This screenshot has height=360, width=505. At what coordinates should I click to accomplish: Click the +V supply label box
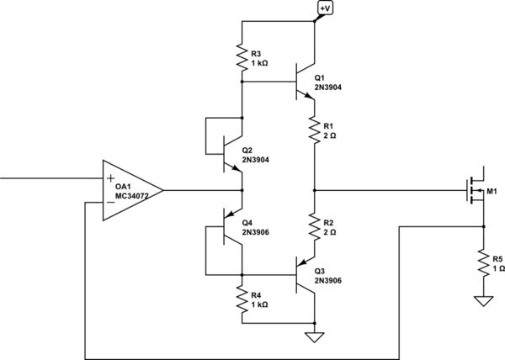coord(325,8)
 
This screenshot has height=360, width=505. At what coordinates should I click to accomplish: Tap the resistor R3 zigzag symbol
coord(242,58)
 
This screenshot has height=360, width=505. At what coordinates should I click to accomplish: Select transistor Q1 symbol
coord(304,82)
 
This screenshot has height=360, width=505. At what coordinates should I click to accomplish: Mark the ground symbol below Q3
coord(313,338)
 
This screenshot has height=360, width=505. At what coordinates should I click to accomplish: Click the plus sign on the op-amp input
coord(110,178)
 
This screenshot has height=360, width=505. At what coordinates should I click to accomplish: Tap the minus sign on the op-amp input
coord(110,203)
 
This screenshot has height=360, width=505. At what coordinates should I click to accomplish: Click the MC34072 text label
coord(133,199)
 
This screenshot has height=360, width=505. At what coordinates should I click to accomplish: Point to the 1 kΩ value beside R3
coord(260,64)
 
